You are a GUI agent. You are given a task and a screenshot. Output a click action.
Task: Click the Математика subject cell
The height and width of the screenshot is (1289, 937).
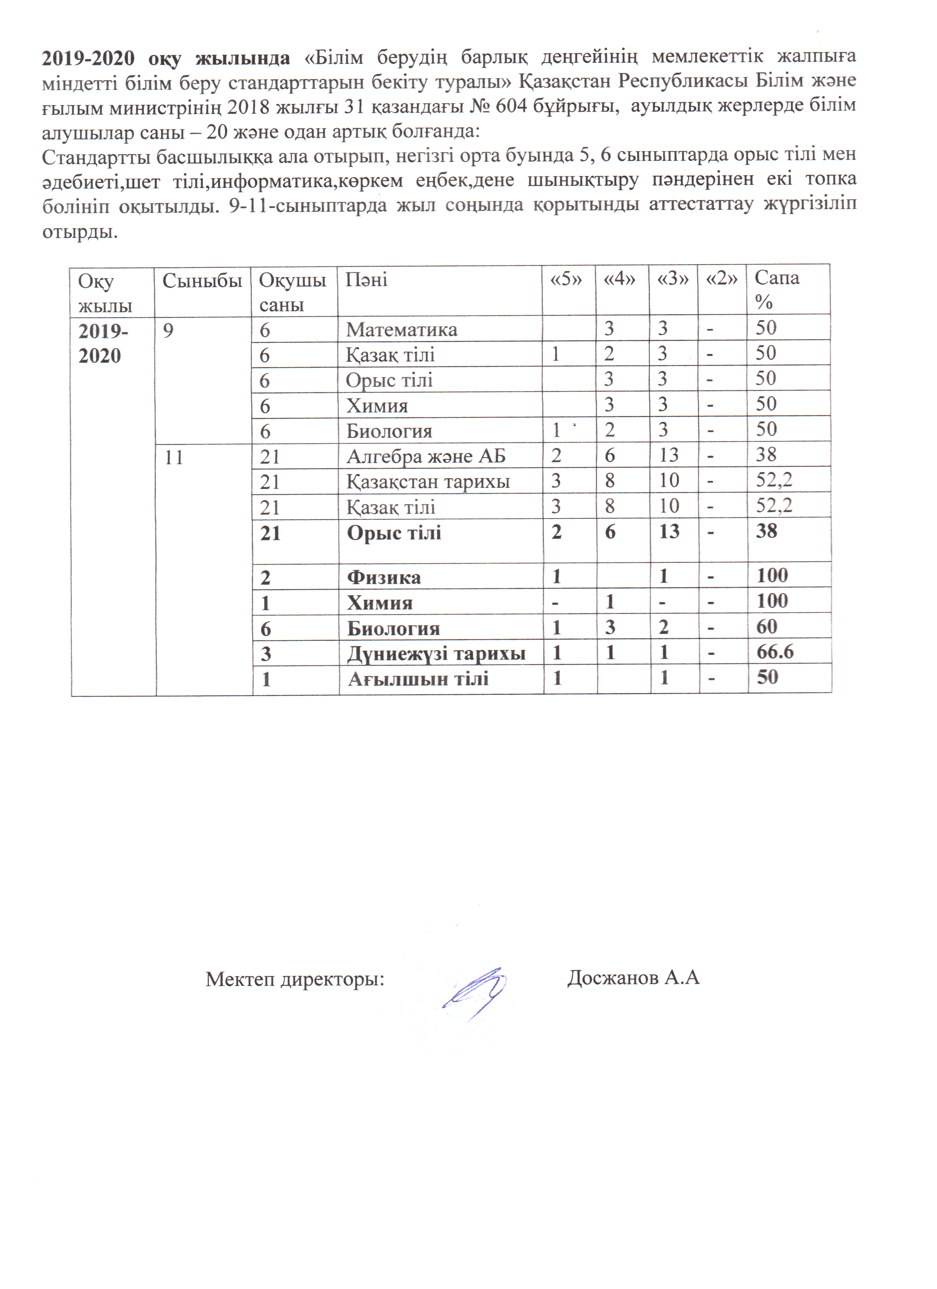[401, 330]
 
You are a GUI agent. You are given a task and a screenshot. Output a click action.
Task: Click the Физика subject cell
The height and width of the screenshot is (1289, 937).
[384, 577]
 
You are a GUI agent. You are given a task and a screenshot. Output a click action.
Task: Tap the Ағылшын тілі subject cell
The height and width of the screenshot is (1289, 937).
[418, 679]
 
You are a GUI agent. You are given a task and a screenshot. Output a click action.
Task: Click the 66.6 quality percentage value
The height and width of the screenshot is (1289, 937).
[775, 652]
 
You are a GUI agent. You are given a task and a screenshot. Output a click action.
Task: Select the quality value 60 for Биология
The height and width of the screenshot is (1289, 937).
[767, 626]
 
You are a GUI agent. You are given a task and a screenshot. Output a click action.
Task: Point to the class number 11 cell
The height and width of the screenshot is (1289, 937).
[174, 457]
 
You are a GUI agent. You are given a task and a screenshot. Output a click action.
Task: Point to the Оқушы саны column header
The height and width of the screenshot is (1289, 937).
[292, 291]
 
